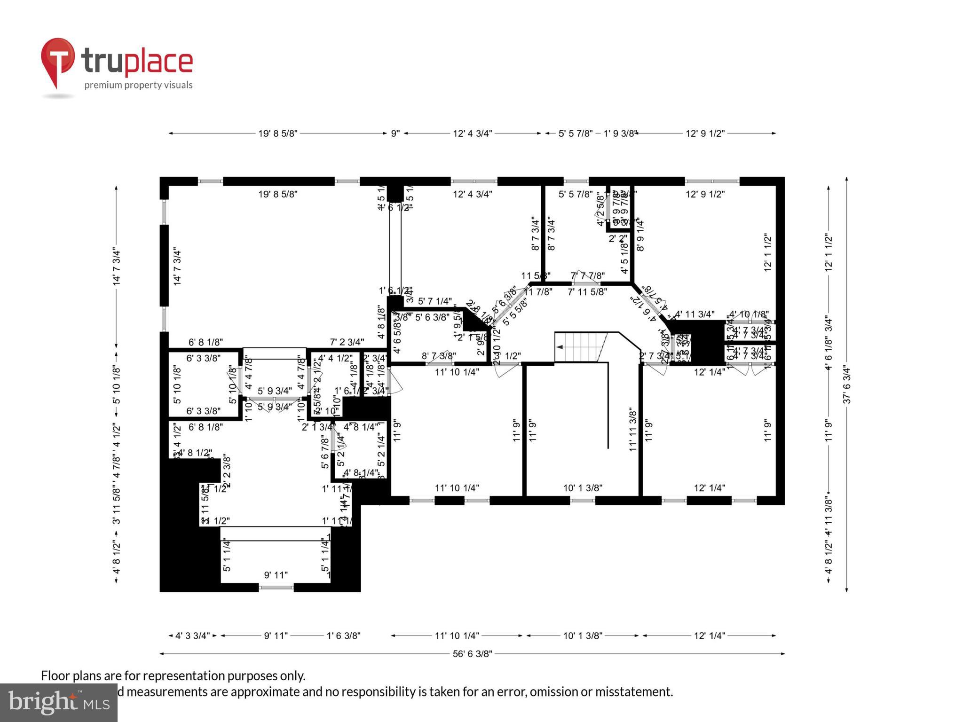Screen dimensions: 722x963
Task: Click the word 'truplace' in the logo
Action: [x=137, y=61]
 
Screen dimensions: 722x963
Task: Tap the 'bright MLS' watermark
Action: [x=58, y=702]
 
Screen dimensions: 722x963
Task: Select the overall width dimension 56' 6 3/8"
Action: [x=472, y=654]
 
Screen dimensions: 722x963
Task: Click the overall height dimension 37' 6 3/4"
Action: [x=847, y=385]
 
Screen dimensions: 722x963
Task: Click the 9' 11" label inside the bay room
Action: [x=276, y=575]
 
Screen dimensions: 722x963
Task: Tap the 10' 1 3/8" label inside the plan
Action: [x=583, y=488]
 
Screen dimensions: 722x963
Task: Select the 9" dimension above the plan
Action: [x=395, y=133]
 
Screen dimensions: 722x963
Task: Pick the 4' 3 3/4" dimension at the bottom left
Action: [x=192, y=636]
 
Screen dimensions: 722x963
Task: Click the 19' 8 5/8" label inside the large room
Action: [x=277, y=194]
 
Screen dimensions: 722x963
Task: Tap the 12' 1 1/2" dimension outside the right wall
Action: [x=829, y=252]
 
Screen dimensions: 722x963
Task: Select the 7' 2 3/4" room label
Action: [x=347, y=342]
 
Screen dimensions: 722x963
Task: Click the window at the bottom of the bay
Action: [x=276, y=587]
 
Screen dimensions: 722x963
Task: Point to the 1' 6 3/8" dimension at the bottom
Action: [x=343, y=636]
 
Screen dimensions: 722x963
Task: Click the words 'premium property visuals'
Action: [x=138, y=85]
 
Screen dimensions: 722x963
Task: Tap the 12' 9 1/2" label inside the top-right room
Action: [x=705, y=194]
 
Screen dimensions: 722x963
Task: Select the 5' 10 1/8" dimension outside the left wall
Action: [x=117, y=385]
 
